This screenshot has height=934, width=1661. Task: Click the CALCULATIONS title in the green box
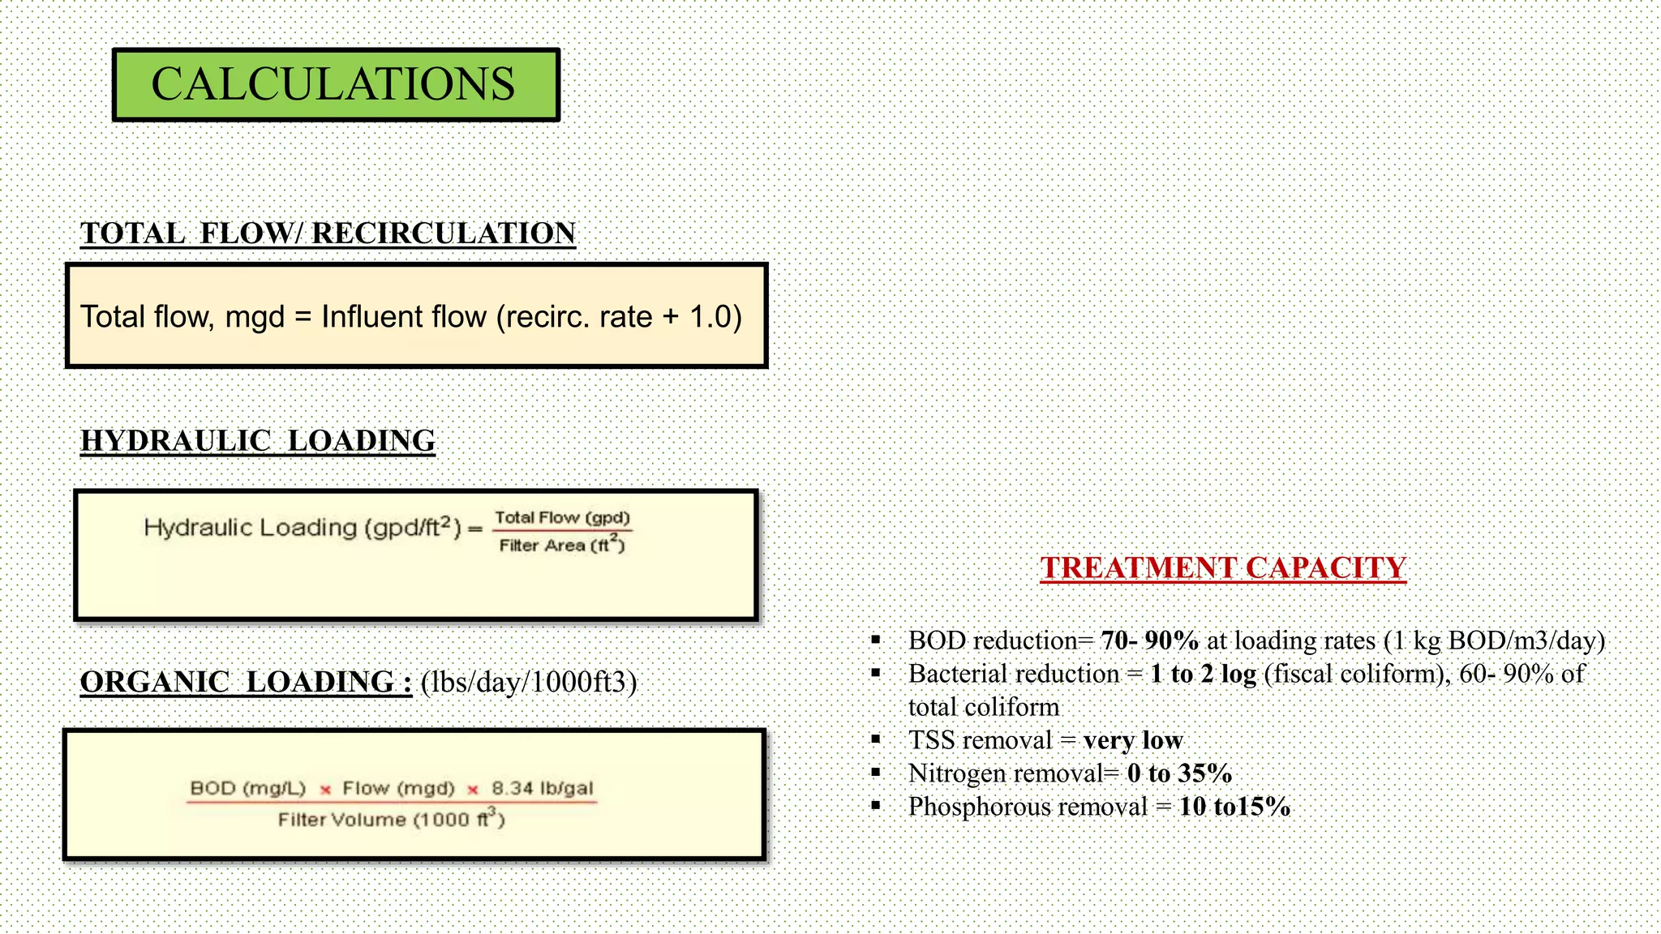tap(333, 84)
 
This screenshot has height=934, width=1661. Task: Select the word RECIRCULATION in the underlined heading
tap(444, 233)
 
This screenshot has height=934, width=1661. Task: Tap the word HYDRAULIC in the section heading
tap(175, 441)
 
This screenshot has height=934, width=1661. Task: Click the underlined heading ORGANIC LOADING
tap(246, 682)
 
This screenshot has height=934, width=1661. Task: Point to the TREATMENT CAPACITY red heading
tap(1223, 568)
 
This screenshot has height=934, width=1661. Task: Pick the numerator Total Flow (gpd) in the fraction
tap(562, 517)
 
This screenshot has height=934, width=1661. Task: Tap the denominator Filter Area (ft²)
tap(562, 545)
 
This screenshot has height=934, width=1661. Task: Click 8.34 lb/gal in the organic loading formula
tap(542, 788)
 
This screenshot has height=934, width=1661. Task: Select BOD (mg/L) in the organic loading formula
tap(247, 788)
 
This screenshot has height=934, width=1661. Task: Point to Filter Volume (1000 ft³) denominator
tap(391, 819)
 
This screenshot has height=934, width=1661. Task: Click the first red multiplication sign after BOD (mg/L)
tap(324, 790)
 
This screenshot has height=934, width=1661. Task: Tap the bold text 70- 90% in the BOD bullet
tap(1149, 641)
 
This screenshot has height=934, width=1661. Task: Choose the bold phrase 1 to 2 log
tap(1203, 675)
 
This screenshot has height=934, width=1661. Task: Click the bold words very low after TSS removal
tap(1132, 740)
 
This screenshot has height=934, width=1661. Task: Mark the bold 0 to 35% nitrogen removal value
tap(1179, 773)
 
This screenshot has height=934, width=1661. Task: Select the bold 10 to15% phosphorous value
tap(1234, 807)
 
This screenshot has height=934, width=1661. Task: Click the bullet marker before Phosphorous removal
tap(876, 806)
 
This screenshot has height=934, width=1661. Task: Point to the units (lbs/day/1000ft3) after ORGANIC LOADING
tap(529, 683)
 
